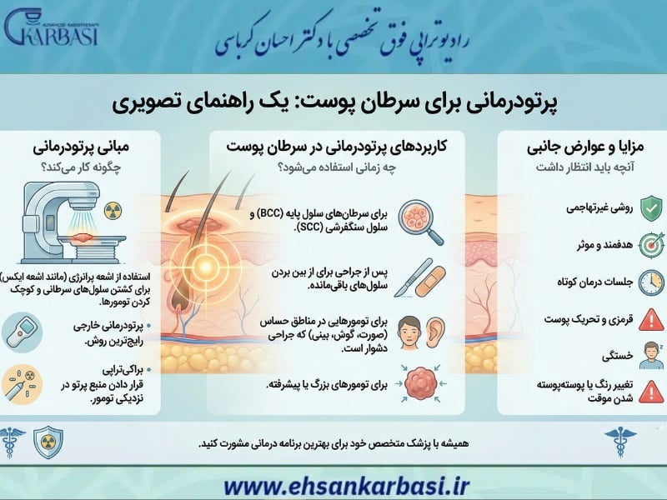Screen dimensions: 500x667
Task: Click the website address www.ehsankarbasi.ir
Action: click(333, 482)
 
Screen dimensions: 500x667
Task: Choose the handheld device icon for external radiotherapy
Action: click(21, 332)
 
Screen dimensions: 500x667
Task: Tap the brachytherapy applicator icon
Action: click(22, 384)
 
